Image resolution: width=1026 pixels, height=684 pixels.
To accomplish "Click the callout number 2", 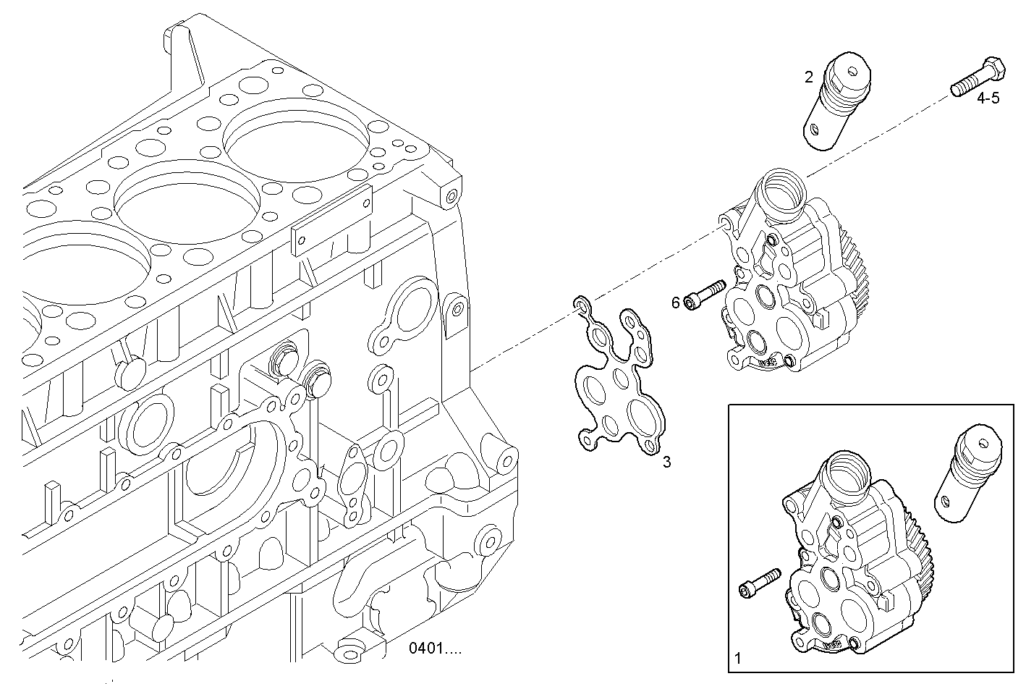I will (x=809, y=77).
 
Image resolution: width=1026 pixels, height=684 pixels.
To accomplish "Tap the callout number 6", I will (x=676, y=303).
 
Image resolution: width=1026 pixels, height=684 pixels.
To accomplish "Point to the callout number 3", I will (x=666, y=462).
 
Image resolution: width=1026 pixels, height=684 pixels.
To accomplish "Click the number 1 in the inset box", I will (x=738, y=659).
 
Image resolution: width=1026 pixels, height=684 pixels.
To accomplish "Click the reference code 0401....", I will (x=434, y=649).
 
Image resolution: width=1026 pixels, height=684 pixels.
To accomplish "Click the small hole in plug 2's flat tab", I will (x=815, y=130).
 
